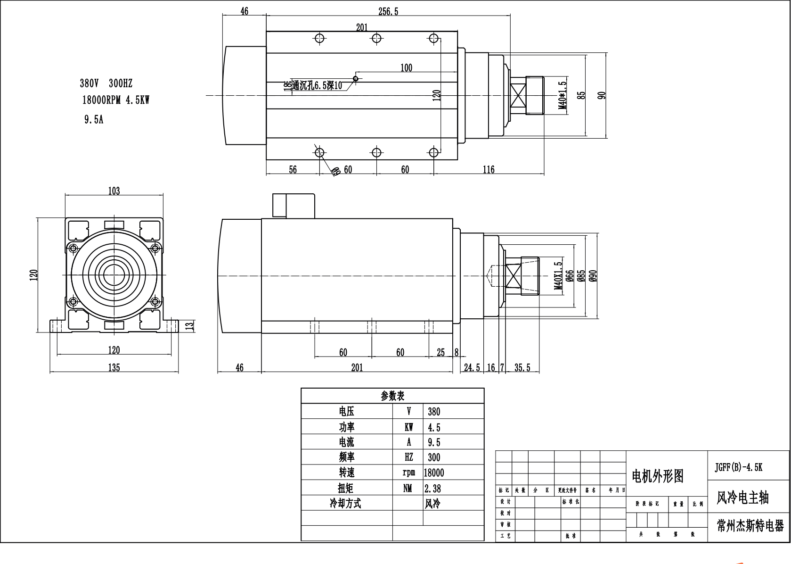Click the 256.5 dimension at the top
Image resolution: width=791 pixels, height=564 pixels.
click(388, 12)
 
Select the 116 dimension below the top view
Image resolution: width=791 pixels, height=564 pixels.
click(489, 170)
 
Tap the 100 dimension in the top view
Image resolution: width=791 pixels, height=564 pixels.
click(406, 68)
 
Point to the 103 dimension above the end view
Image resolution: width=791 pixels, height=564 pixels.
click(114, 191)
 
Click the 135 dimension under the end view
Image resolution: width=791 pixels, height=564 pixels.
click(114, 368)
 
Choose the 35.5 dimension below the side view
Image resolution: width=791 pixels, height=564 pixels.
click(522, 368)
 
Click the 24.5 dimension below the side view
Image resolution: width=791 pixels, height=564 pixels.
click(472, 368)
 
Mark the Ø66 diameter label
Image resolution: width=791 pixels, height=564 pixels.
click(570, 276)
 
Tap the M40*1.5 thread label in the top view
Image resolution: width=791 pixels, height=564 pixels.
click(563, 95)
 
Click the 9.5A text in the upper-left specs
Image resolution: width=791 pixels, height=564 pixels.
click(94, 119)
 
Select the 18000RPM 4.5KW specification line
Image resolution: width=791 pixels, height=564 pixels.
click(116, 100)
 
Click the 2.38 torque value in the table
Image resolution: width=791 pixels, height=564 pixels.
click(433, 489)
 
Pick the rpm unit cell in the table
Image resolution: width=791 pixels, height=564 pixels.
click(408, 473)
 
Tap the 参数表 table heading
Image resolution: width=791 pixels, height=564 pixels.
click(392, 396)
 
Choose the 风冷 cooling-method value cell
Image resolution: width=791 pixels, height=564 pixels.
click(433, 504)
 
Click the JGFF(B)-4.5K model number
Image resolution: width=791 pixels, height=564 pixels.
click(738, 467)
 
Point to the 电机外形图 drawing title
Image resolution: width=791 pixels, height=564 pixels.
click(658, 476)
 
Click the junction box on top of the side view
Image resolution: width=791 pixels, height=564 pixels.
click(294, 206)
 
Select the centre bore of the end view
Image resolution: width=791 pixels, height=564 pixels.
click(113, 274)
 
